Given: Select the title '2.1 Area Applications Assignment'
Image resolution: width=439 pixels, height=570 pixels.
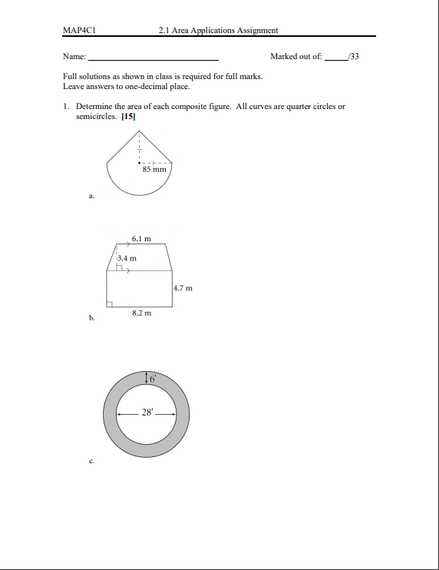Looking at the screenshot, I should click(218, 31).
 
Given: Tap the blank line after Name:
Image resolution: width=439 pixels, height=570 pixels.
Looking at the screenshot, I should click(153, 58).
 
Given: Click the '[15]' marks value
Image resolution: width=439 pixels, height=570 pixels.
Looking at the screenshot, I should click(128, 117).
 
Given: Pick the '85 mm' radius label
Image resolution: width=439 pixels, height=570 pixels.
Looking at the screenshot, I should click(154, 169).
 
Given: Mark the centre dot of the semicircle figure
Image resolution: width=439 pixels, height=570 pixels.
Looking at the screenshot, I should click(138, 163).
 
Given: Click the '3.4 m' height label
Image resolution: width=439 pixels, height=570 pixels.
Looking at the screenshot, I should click(127, 258).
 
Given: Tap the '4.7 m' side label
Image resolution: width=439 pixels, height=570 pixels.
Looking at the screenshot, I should click(183, 288).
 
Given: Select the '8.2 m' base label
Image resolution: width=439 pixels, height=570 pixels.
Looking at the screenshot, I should click(141, 313).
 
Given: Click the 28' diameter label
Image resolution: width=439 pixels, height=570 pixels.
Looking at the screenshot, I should click(147, 413).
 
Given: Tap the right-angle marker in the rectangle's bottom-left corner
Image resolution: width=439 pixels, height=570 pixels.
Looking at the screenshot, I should click(111, 304).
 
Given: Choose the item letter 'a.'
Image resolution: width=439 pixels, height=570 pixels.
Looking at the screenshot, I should click(91, 197).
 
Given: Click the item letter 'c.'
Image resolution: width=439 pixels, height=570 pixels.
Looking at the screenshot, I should click(91, 461).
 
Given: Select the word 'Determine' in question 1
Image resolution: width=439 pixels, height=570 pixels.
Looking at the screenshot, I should click(94, 107).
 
